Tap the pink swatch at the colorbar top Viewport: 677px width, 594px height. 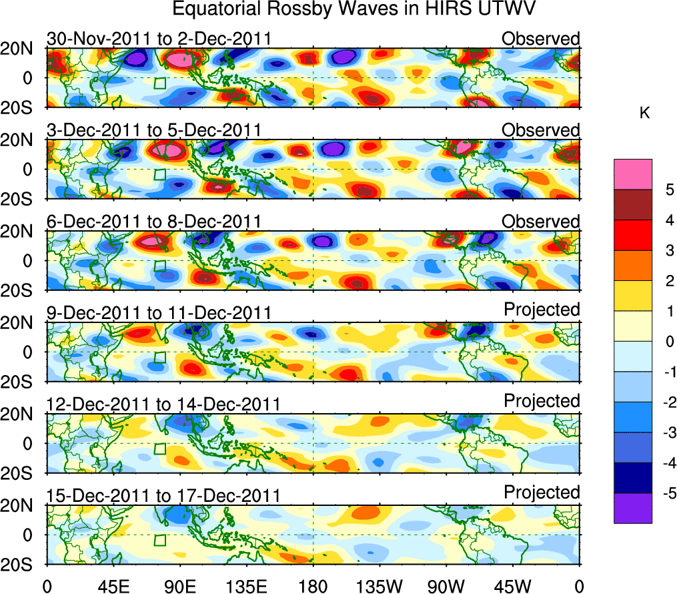[633, 174]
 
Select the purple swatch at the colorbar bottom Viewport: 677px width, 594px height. [633, 508]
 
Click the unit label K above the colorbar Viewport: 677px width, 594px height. [644, 114]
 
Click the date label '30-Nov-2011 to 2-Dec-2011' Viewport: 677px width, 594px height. [159, 39]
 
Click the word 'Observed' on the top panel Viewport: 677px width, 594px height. [541, 39]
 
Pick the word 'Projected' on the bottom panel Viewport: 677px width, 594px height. [542, 493]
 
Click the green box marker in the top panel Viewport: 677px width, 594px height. [160, 83]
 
